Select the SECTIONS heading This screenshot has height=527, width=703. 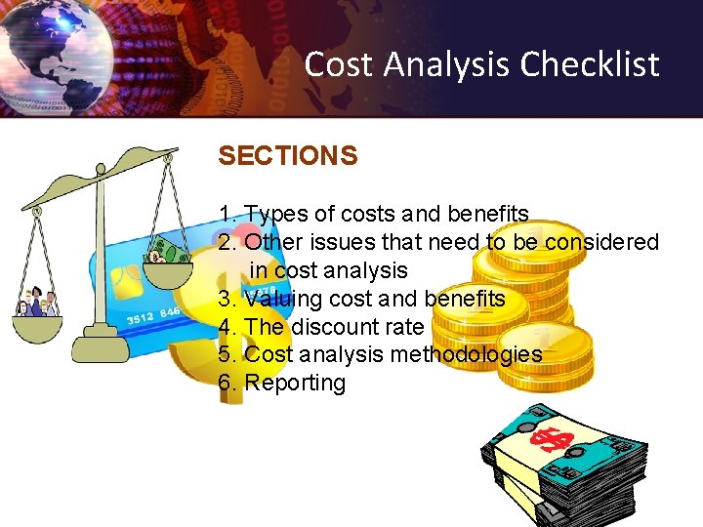tap(288, 156)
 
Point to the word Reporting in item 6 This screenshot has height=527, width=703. tap(295, 383)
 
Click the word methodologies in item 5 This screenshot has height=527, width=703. tap(466, 354)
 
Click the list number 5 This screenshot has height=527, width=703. tap(226, 354)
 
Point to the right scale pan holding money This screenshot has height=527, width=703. tap(168, 259)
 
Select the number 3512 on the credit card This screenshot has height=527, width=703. tap(142, 319)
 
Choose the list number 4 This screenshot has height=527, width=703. tap(226, 326)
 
